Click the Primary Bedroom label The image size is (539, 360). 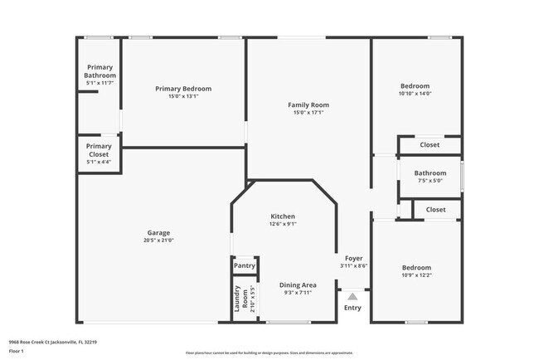183,89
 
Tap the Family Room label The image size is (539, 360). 308,105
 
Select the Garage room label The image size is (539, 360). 158,233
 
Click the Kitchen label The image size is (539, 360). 283,216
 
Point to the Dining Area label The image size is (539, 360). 297,285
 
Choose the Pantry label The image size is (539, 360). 244,266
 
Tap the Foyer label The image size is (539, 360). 353,259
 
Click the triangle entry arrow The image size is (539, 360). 352,294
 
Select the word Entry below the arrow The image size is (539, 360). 352,309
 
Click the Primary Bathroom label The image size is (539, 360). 99,71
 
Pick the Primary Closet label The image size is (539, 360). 99,149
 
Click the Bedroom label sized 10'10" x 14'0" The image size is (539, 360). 415,86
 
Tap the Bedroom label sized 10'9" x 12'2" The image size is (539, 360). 416,268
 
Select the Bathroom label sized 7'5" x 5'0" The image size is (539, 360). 430,173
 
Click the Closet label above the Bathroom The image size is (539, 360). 430,145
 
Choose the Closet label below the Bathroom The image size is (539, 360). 435,210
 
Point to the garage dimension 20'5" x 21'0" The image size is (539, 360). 158,241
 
